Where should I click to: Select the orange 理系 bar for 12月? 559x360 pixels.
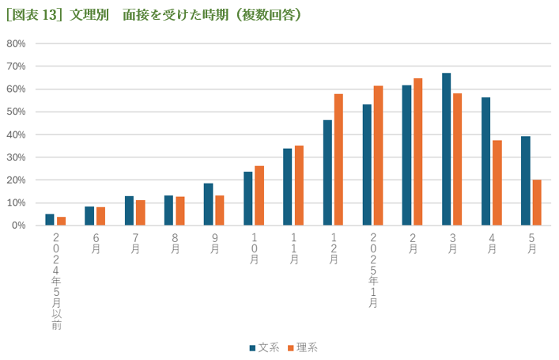pyautogui.click(x=338, y=160)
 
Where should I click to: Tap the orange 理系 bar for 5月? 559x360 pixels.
pyautogui.click(x=537, y=203)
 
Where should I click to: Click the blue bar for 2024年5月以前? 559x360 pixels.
pyautogui.click(x=50, y=220)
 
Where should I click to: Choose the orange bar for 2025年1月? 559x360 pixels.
pyautogui.click(x=378, y=156)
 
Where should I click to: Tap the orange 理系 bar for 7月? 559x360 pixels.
pyautogui.click(x=140, y=213)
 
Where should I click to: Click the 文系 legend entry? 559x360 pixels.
pyautogui.click(x=264, y=347)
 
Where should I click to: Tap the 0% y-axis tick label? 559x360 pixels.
pyautogui.click(x=19, y=225)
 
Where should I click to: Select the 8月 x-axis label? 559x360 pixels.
pyautogui.click(x=175, y=244)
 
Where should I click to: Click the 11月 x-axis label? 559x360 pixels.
pyautogui.click(x=293, y=248)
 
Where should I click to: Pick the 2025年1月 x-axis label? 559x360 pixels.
pyautogui.click(x=372, y=270)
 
